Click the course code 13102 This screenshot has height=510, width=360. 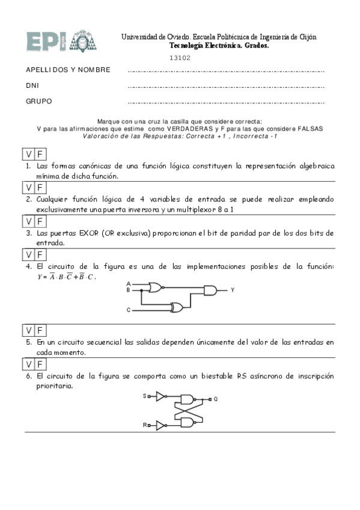click(180, 58)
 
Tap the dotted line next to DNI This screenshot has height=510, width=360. click(227, 87)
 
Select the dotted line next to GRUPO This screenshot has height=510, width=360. click(227, 103)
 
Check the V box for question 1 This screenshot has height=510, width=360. click(29, 153)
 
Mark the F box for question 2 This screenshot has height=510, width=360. click(40, 187)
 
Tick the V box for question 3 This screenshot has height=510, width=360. click(29, 221)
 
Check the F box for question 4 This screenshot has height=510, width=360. click(40, 255)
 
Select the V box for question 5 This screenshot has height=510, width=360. click(29, 330)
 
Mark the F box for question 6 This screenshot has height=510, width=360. click(40, 364)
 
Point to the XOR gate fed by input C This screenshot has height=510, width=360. click(177, 308)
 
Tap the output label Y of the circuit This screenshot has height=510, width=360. click(233, 290)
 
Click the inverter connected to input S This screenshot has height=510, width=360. click(160, 396)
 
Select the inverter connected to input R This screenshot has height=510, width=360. click(160, 425)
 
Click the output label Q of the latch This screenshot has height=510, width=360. click(216, 399)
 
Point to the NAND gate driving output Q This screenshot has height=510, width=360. click(188, 399)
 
